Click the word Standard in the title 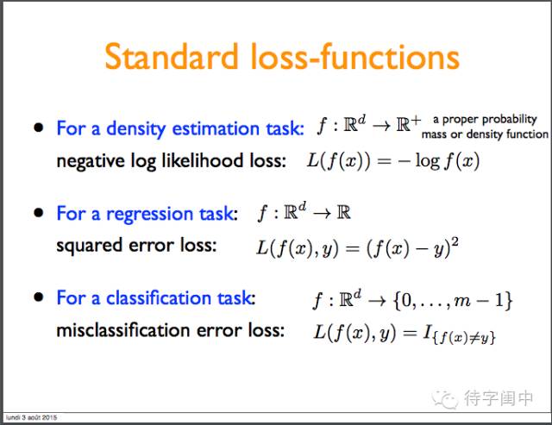coord(171,56)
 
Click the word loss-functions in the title coord(354,56)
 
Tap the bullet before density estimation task coord(38,128)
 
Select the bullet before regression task coord(38,212)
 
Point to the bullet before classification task coord(38,297)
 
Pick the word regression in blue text coord(149,215)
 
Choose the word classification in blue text coord(159,297)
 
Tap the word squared coord(90,246)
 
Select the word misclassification coord(123,330)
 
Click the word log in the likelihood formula coord(428,161)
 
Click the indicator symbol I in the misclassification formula coord(428,331)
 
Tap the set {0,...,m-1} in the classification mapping coord(453,301)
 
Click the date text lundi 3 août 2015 coord(31,417)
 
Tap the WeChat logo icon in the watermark coord(445,398)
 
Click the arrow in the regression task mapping coord(322,214)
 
